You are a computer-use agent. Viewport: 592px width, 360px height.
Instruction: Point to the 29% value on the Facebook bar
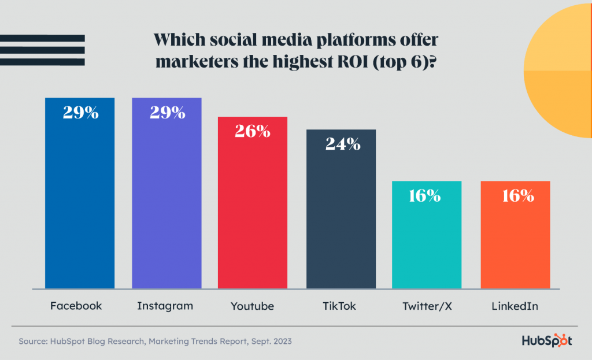pos(81,112)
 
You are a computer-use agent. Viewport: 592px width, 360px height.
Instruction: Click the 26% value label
pos(253,131)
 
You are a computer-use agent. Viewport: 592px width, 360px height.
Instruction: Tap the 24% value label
pos(342,144)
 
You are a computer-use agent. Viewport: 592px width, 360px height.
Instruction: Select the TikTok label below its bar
pos(340,306)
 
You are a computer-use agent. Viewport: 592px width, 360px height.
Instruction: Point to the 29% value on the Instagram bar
pos(168,112)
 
